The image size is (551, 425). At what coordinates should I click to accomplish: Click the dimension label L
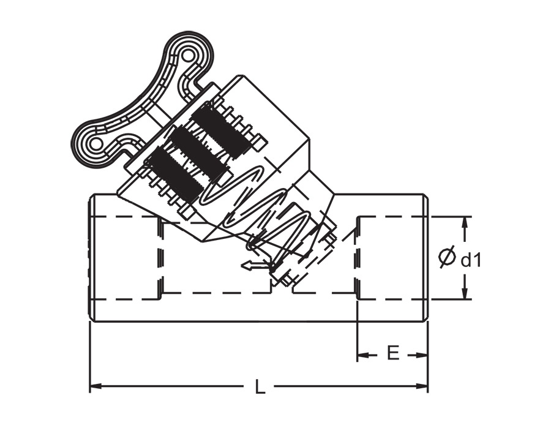260,386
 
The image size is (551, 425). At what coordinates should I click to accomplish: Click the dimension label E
393,353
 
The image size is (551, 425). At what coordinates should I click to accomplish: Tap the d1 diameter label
470,260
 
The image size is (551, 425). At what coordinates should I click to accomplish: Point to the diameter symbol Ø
448,257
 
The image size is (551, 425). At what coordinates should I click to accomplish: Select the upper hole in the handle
189,55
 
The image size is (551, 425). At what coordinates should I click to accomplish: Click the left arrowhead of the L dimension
96,386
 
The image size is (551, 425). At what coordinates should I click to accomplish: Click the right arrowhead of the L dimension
422,386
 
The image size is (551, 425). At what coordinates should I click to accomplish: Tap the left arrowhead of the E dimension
362,355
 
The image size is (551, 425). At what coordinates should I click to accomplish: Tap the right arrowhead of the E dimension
422,355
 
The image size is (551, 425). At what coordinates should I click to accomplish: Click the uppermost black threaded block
223,130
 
